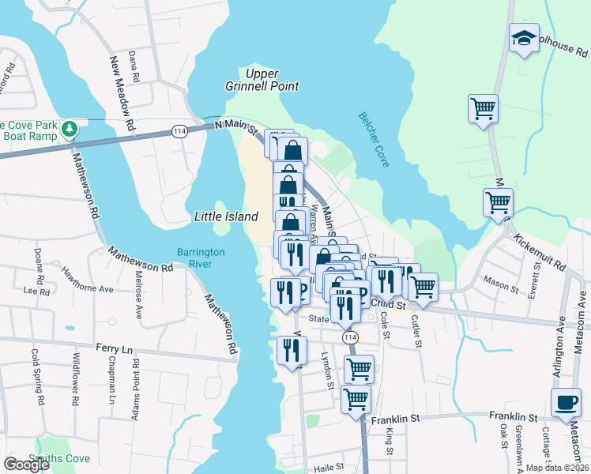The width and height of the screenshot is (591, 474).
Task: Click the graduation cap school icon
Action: [x=524, y=39]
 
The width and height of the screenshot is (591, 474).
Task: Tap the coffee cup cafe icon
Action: [x=565, y=402]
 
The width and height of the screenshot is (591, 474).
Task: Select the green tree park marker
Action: [x=70, y=127]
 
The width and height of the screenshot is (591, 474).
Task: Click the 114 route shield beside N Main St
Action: [x=181, y=132]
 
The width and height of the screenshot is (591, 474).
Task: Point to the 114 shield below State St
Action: [x=348, y=337]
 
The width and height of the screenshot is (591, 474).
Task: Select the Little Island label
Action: [x=226, y=216]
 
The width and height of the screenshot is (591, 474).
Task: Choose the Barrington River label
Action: [x=201, y=258]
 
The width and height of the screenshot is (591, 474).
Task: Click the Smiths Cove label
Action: [x=59, y=458]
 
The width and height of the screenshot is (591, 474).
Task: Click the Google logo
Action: [x=26, y=465]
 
